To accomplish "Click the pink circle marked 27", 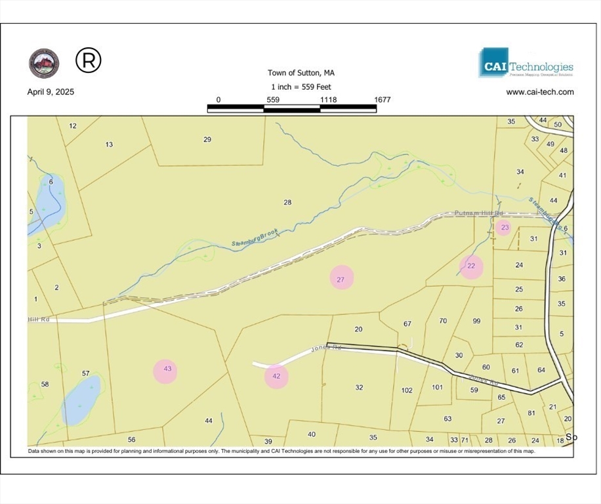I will click(341, 278).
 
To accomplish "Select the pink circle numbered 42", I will click(276, 377).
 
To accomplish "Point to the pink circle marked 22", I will click(471, 266).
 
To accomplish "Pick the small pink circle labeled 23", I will click(504, 228).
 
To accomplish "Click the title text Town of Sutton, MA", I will click(305, 73).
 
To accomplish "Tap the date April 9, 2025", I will click(51, 92).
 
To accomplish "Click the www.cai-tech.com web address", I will click(539, 92).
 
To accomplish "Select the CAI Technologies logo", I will click(526, 63).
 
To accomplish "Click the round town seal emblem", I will click(44, 63).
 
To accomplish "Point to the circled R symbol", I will click(89, 60).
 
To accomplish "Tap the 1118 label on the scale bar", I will click(328, 100).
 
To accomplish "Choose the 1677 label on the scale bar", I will click(382, 100).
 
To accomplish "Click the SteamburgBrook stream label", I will click(255, 238).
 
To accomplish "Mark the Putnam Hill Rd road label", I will click(478, 214).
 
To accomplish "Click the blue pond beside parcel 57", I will click(81, 400).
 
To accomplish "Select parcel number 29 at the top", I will click(207, 139).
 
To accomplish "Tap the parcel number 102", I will click(407, 390).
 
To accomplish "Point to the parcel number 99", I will click(477, 321).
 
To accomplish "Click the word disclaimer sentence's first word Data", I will click(34, 451).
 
